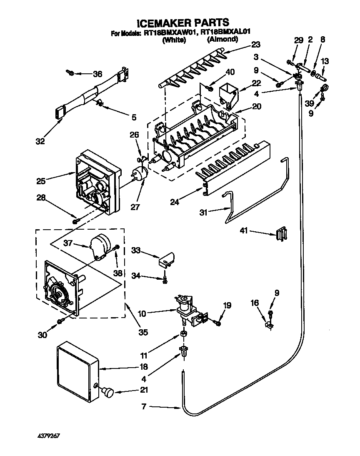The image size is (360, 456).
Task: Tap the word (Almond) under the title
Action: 222,40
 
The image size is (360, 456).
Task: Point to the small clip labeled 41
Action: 282,234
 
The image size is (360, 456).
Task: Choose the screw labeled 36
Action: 71,74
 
